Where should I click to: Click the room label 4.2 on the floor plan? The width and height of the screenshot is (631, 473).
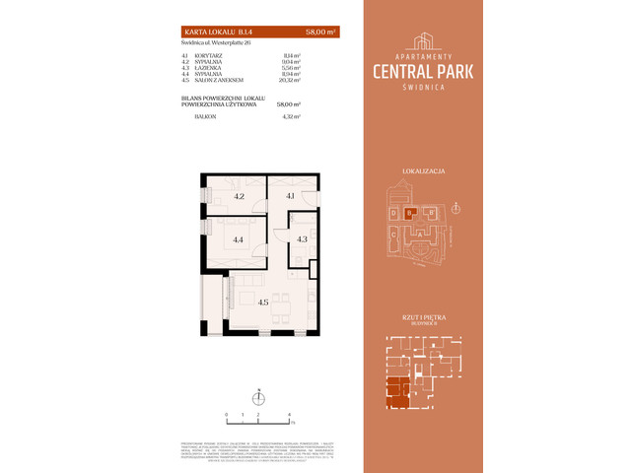pyautogui.click(x=239, y=196)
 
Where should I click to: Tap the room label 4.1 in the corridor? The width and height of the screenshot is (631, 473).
pyautogui.click(x=292, y=196)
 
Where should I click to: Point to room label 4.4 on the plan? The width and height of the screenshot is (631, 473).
pyautogui.click(x=239, y=238)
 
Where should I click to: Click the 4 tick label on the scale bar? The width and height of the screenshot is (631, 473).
pyautogui.click(x=289, y=415)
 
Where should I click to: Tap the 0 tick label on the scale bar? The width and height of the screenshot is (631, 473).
pyautogui.click(x=227, y=415)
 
